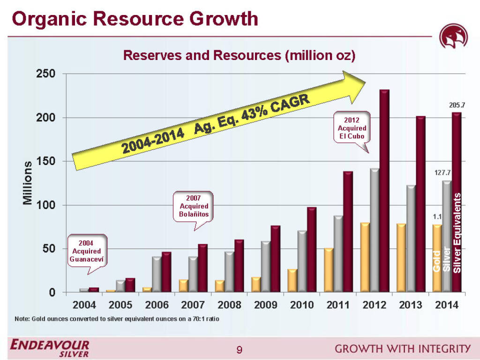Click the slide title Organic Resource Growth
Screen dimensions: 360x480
click(x=135, y=19)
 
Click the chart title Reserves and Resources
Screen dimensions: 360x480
click(x=239, y=55)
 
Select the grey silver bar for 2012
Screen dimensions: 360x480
click(x=374, y=230)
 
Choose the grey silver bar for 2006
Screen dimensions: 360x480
click(x=157, y=274)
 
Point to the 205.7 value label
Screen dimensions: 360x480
click(x=453, y=105)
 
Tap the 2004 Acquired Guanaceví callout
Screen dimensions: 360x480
click(x=90, y=251)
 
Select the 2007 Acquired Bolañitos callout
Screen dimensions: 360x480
click(x=194, y=206)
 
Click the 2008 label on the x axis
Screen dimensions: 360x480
click(x=229, y=305)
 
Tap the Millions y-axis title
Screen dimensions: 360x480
click(x=28, y=183)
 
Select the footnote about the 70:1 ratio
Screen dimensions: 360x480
click(x=117, y=319)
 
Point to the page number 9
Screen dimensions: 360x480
click(x=240, y=349)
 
